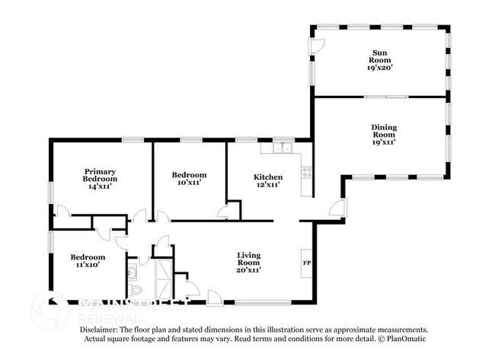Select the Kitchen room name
pyautogui.click(x=267, y=177)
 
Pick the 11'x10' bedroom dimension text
pyautogui.click(x=88, y=266)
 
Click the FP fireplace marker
pyautogui.click(x=307, y=263)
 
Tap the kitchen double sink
pyautogui.click(x=283, y=147)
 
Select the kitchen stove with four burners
pyautogui.click(x=307, y=173)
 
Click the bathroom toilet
pyautogui.click(x=135, y=290)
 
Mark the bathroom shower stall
pyautogui.click(x=164, y=279)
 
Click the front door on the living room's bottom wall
pyautogui.click(x=216, y=297)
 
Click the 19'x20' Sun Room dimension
pyautogui.click(x=378, y=67)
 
